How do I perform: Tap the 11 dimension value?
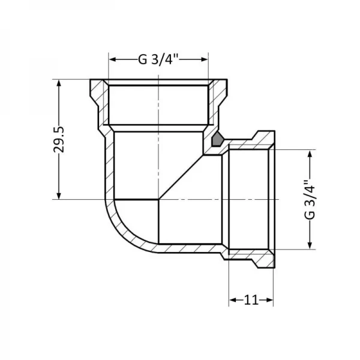(x=251, y=299)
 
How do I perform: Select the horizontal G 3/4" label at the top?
(x=158, y=59)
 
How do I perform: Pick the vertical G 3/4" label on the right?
(x=310, y=200)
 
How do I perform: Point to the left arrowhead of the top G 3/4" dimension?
(x=112, y=59)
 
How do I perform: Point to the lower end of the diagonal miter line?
(x=159, y=199)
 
